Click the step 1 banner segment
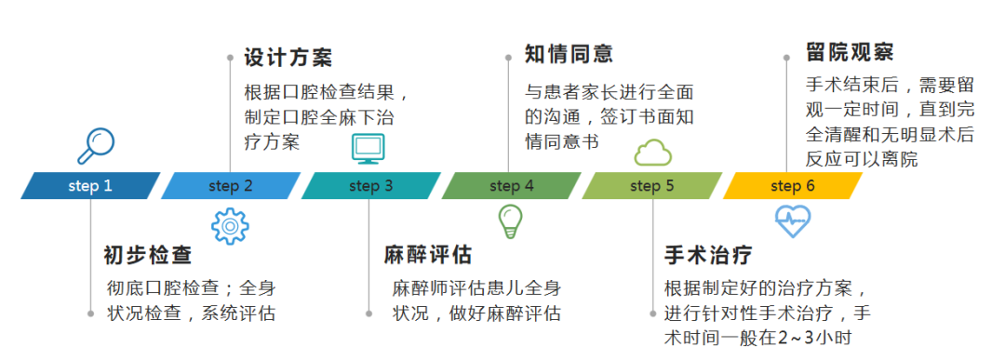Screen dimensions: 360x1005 tap(90, 186)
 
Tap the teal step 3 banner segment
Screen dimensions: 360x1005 tap(370, 186)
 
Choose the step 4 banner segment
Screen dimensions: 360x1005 tap(511, 186)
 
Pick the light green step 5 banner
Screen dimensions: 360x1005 tap(651, 186)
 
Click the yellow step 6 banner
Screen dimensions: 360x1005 tap(792, 186)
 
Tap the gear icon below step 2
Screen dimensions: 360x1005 tap(230, 226)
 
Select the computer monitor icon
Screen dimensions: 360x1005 tap(368, 149)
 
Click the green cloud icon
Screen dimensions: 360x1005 tap(652, 151)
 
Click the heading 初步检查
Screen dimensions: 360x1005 tap(147, 255)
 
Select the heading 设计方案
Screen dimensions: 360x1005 tap(288, 57)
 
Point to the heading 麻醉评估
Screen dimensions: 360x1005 tap(428, 255)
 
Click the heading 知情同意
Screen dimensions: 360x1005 tap(569, 53)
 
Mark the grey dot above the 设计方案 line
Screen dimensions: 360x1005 tap(230, 57)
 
